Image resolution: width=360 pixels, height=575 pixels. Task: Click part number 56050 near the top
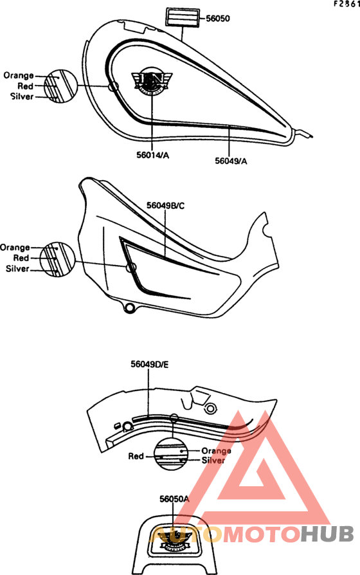point(218,19)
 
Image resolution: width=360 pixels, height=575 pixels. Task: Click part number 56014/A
point(153,155)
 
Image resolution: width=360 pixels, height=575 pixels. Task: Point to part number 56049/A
point(231,161)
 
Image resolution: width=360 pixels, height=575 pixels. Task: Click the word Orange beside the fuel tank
point(19,75)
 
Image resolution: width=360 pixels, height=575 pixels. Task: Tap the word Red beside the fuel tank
point(25,86)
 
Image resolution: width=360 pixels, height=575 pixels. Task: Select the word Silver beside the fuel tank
point(22,96)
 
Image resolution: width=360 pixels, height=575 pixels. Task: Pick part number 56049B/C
point(166,205)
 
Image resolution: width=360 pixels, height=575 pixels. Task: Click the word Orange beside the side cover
point(15,247)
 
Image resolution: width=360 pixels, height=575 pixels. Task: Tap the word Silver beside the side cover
point(17,268)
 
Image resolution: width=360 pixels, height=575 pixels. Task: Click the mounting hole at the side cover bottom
point(129,307)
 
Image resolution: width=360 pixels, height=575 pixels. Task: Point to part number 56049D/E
point(150,364)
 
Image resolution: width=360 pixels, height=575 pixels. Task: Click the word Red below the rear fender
point(136,456)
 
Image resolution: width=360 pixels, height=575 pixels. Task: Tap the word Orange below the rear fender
point(216,450)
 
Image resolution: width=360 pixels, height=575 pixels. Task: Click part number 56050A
point(174,498)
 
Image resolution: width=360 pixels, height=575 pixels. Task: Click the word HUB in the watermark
point(327,534)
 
